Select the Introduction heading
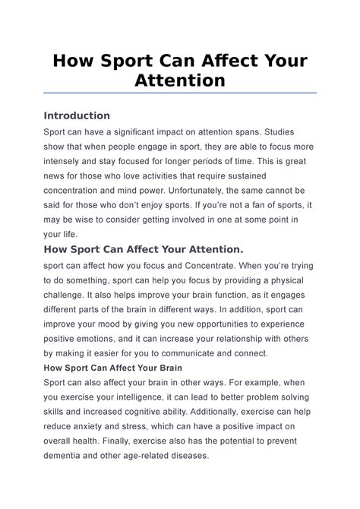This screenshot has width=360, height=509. [77, 115]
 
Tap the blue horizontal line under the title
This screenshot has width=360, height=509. [180, 93]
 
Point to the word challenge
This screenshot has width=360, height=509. [68, 296]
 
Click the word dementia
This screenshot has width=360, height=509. [69, 456]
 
